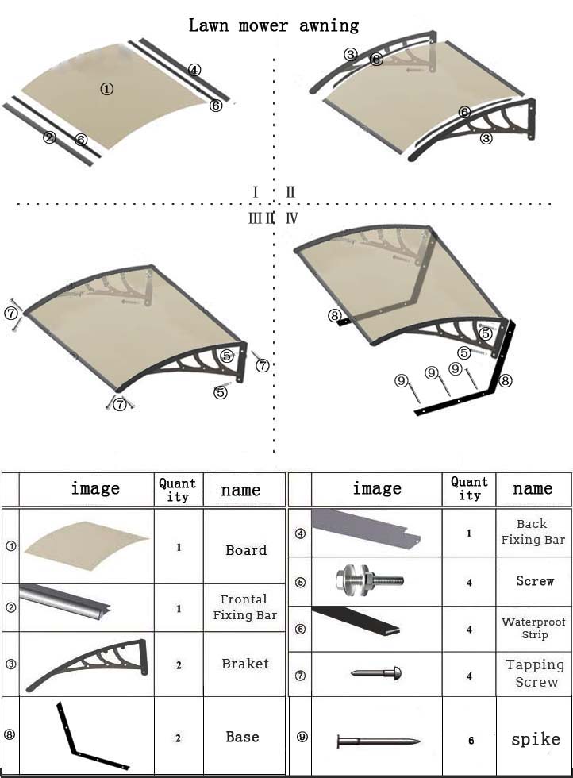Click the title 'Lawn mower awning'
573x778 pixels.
point(273,25)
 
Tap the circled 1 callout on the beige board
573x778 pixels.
point(106,89)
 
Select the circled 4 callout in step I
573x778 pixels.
point(194,70)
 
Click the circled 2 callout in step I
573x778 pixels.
point(49,137)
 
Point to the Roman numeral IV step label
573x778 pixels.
point(292,218)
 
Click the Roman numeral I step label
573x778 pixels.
point(255,192)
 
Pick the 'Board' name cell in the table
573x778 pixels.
point(246,550)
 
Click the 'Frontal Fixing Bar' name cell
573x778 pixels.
point(245,607)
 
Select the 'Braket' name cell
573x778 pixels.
point(245,664)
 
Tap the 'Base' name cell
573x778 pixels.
point(243,737)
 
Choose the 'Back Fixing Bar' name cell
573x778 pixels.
point(533,532)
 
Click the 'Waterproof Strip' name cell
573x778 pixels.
point(534,628)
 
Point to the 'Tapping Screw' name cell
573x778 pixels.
point(535,673)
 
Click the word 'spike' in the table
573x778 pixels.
point(536,739)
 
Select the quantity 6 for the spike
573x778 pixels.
point(471,741)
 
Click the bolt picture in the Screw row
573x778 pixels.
point(370,580)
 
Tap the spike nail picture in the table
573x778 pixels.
point(378,742)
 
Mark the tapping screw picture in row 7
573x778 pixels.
point(376,673)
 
